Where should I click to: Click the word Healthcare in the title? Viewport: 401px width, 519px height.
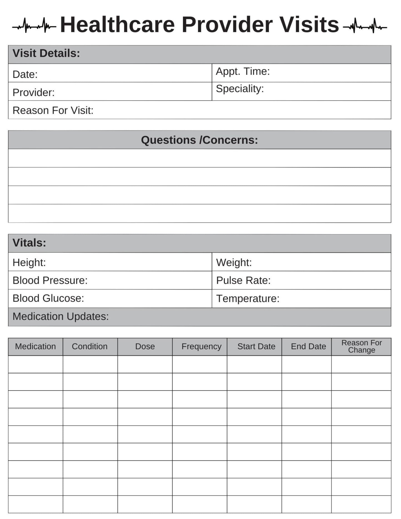coord(117,25)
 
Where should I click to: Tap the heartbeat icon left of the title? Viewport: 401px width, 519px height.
coord(34,26)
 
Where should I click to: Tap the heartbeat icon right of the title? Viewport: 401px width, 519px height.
coord(365,26)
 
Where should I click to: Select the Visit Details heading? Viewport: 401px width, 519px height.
coord(46,53)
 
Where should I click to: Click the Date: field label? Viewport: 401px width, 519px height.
coord(25,74)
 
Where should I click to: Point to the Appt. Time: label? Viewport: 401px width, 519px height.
coord(243,72)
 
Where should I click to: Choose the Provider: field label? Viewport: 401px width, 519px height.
coord(34,93)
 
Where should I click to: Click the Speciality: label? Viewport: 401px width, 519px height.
coord(240,89)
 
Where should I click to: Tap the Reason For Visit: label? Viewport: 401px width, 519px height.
coord(53,110)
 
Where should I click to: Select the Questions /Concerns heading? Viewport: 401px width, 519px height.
coord(199,140)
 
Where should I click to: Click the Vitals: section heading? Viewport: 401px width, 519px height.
coord(29,243)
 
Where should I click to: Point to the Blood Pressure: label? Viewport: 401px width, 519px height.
coord(50,280)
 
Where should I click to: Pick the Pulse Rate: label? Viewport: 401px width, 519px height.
coord(243,280)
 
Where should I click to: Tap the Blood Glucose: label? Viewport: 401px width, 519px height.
coord(48,298)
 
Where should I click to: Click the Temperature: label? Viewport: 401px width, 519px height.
coord(248,299)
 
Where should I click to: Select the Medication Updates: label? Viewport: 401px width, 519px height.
coord(60,317)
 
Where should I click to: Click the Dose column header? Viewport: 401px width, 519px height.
coord(145,346)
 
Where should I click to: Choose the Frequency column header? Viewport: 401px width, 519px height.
coord(201,346)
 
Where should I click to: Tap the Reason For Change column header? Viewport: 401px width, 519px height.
coord(361,346)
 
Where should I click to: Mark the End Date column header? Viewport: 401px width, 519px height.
coord(308,346)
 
